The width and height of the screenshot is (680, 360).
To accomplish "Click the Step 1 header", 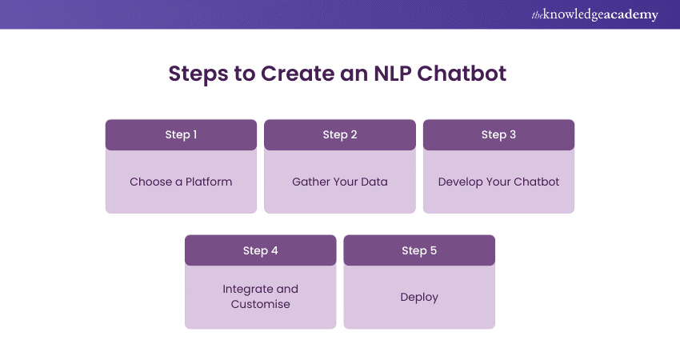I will point(181,134).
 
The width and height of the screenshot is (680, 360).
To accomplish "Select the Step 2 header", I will point(340,134).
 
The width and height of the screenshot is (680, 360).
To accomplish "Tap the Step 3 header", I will point(498,134).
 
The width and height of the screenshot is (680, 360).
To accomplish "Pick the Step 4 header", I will point(260,250).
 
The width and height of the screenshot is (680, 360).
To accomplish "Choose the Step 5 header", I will point(419,250).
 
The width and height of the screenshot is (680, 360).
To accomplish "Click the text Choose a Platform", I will point(181,182).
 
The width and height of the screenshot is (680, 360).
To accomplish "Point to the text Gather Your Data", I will point(340,182).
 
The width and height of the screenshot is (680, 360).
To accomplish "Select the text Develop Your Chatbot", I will point(498,182).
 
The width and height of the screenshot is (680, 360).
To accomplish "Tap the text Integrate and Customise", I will point(260,296).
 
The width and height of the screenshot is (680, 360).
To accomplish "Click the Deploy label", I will point(419,297).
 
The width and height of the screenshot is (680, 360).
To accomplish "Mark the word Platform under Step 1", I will point(209,182).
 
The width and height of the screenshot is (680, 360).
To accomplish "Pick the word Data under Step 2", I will point(374,182).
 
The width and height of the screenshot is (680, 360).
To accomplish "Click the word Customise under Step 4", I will point(260,304).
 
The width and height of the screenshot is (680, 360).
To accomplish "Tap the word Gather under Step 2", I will point(311,182).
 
